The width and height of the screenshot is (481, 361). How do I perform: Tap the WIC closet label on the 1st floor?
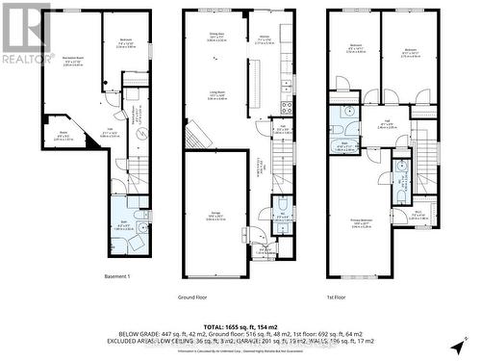[419, 215]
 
